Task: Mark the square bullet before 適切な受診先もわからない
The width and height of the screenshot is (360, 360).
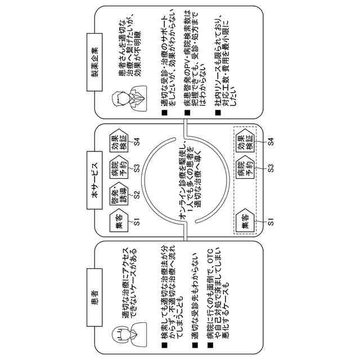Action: (194, 343)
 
